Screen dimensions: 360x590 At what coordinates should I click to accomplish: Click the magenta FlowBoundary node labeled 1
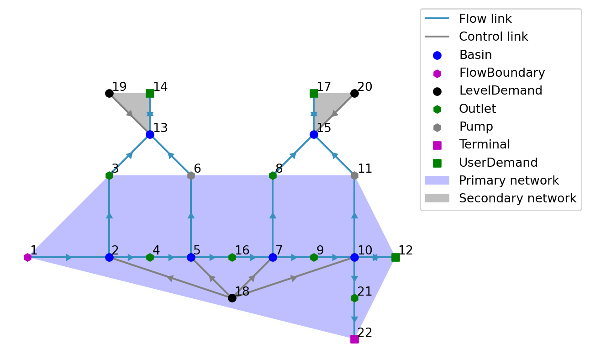pos(27,257)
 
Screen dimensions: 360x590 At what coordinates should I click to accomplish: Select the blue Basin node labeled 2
pos(109,257)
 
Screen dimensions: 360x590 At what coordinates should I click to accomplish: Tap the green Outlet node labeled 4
pos(150,257)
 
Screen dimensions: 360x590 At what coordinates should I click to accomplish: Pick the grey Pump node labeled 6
pos(191,175)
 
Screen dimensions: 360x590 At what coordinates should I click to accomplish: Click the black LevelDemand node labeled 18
pos(232,298)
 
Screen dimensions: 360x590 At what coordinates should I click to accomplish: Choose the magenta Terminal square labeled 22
pos(354,339)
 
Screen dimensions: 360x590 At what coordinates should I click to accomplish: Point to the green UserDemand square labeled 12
pos(395,257)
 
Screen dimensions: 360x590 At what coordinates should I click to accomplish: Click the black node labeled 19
pos(109,93)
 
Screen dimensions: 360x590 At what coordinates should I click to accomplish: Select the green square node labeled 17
pos(314,93)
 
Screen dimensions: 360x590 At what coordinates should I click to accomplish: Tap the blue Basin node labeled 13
pos(150,134)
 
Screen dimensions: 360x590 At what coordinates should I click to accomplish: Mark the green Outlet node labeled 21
pos(354,298)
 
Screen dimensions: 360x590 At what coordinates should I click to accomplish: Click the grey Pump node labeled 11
pos(354,175)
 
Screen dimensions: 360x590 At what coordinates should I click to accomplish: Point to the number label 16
pos(242,250)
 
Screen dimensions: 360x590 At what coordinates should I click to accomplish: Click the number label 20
pos(365,87)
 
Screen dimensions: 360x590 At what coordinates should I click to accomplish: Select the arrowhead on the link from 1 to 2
pos(69,257)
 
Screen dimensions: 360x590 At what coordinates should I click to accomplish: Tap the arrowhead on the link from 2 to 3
pos(109,215)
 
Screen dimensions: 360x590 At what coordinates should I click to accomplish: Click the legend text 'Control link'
pos(493,37)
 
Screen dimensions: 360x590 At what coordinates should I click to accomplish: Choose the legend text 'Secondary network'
pos(517,198)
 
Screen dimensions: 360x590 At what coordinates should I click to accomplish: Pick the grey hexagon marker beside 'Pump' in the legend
pos(437,127)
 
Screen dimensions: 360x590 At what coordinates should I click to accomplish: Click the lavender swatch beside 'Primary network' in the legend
pos(437,180)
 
